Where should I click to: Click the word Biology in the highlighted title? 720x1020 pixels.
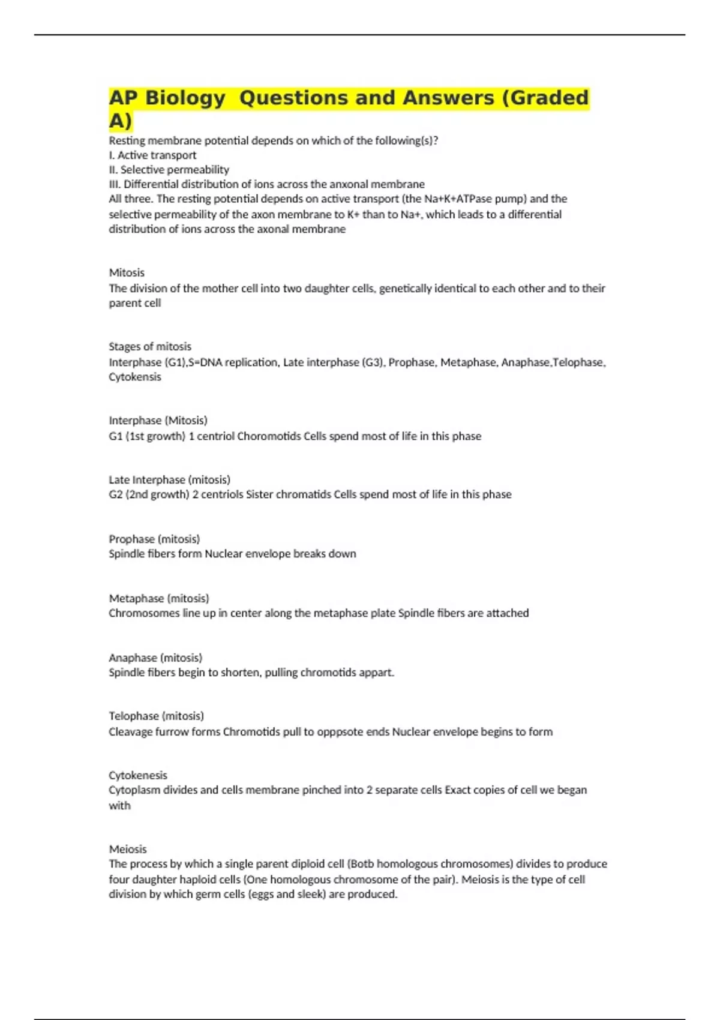point(185,98)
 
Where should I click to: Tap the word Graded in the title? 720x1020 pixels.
point(545,98)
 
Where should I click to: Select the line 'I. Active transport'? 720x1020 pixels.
point(152,155)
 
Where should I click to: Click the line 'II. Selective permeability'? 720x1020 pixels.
point(169,170)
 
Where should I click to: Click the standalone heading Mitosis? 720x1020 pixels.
point(127,272)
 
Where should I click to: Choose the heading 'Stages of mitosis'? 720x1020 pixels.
point(150,346)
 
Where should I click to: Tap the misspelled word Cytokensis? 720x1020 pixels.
point(135,377)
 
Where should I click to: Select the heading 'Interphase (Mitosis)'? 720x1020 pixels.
point(158,420)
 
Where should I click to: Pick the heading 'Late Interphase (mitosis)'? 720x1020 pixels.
point(169,479)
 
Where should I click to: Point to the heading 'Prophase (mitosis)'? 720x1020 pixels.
point(154,539)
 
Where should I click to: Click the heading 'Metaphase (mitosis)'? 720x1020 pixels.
point(159,598)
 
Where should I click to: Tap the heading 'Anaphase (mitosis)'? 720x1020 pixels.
point(155,658)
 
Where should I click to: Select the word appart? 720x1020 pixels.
point(377,673)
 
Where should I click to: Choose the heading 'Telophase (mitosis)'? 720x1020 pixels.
point(156,716)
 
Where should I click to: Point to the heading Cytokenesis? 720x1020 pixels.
point(138,775)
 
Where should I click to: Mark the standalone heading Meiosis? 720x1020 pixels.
point(128,849)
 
